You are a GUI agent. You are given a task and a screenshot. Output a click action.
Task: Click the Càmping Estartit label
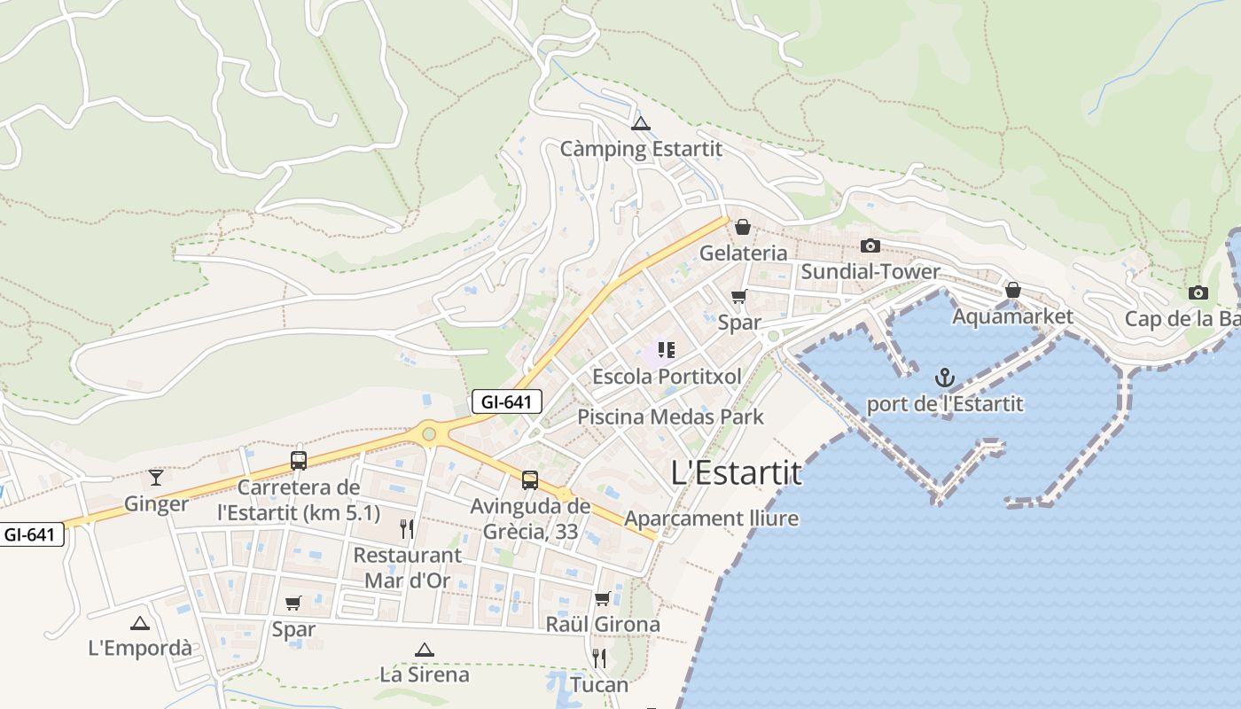(641, 149)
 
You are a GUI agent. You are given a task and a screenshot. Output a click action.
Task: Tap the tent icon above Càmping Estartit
(641, 123)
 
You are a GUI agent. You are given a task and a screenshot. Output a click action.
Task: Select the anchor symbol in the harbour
(945, 378)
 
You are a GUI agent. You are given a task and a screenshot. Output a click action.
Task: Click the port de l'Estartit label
(945, 404)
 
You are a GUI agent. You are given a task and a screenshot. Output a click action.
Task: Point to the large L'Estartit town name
(737, 472)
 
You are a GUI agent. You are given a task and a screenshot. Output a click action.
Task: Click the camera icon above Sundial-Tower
(870, 245)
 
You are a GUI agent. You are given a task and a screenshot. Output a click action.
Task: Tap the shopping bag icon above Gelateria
(743, 228)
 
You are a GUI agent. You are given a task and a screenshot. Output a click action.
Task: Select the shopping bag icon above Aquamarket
(1012, 290)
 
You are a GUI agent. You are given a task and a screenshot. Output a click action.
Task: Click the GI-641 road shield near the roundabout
(506, 401)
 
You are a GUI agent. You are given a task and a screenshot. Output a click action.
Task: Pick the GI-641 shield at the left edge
(32, 534)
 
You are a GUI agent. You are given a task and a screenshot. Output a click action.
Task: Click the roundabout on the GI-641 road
(430, 434)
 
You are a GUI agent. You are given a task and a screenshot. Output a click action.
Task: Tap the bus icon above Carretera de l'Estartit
(299, 461)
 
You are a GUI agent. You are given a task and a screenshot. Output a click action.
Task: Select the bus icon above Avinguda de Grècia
(530, 480)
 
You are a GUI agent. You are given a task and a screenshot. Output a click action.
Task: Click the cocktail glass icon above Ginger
(156, 478)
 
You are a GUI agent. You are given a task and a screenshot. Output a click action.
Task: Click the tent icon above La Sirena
(425, 650)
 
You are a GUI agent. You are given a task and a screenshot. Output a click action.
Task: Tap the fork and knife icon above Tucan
(599, 658)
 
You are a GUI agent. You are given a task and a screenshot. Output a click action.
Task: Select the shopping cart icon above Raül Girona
(603, 599)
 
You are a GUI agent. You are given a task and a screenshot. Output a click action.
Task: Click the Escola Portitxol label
(667, 377)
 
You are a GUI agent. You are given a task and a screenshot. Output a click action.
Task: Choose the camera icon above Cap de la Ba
(1198, 292)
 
